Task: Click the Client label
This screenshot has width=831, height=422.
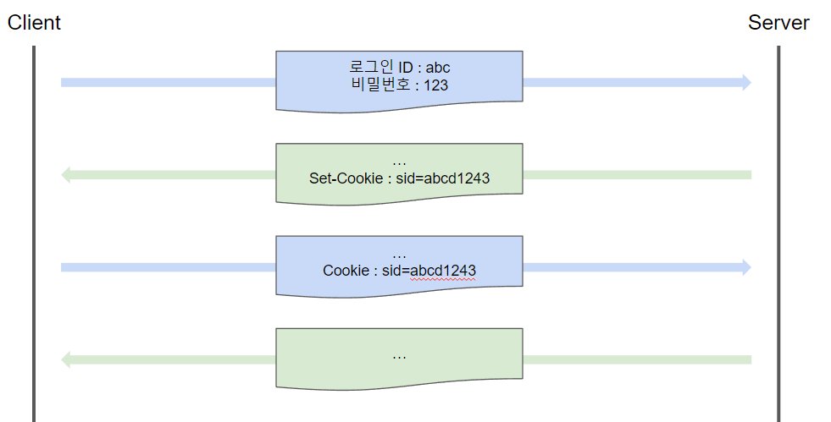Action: click(34, 23)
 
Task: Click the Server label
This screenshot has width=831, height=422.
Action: click(778, 23)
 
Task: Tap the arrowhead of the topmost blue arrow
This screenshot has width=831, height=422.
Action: click(745, 82)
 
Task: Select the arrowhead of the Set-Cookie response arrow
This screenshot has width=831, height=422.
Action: click(67, 175)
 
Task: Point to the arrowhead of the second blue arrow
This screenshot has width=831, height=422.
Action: click(745, 267)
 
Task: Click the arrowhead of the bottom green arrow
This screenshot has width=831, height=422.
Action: click(67, 359)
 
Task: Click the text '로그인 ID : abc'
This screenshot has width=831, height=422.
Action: click(399, 67)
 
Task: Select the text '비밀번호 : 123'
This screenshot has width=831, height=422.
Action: click(399, 85)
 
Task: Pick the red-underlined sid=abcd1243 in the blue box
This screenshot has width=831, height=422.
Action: click(433, 271)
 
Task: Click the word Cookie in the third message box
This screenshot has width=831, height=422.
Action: click(346, 271)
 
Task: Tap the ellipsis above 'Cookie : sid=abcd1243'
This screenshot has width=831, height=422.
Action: click(399, 255)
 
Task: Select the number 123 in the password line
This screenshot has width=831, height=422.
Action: click(436, 85)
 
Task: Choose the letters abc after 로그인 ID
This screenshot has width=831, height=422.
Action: click(438, 67)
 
